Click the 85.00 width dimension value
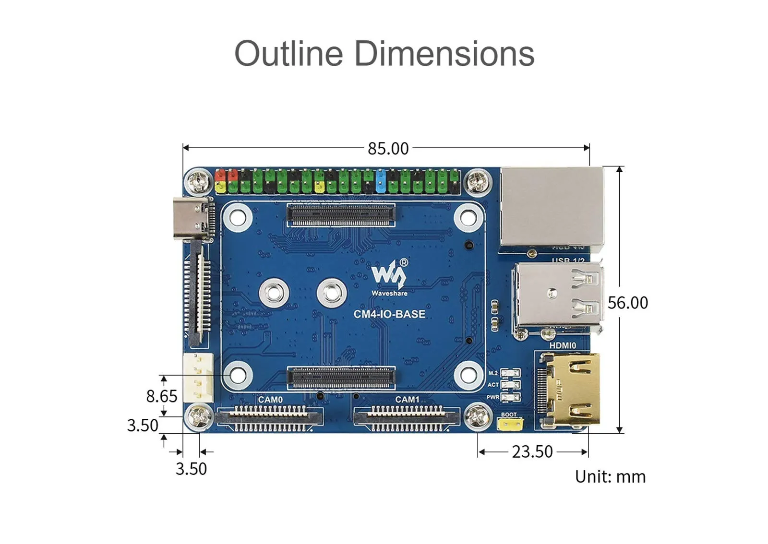click(x=388, y=149)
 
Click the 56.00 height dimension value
click(x=627, y=303)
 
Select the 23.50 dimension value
click(x=532, y=452)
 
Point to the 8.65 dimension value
click(x=161, y=396)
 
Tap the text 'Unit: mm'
click(x=610, y=477)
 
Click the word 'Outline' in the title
click(x=288, y=53)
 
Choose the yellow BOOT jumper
click(x=510, y=424)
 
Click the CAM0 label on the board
click(x=270, y=400)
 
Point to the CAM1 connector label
click(x=407, y=400)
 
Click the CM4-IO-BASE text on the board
click(x=389, y=314)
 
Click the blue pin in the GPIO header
click(x=381, y=180)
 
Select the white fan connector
click(x=198, y=377)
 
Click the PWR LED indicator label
click(x=493, y=397)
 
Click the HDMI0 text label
click(x=562, y=345)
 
